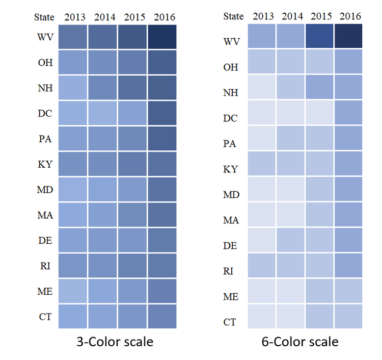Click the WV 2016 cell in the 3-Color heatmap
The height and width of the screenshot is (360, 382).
162,37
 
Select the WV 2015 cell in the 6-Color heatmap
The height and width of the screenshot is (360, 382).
319,36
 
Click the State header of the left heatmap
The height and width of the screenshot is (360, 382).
44,17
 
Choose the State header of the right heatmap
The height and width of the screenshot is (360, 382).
233,16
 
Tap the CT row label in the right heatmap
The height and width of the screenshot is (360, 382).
231,322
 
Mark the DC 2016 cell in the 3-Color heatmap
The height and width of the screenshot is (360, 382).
162,113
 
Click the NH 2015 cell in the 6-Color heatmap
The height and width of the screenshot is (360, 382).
319,87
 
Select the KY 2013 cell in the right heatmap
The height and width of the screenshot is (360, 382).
261,164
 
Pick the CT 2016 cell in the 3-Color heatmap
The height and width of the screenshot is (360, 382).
162,317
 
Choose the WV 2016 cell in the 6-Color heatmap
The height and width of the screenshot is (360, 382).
349,36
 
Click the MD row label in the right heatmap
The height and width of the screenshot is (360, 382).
231,194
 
